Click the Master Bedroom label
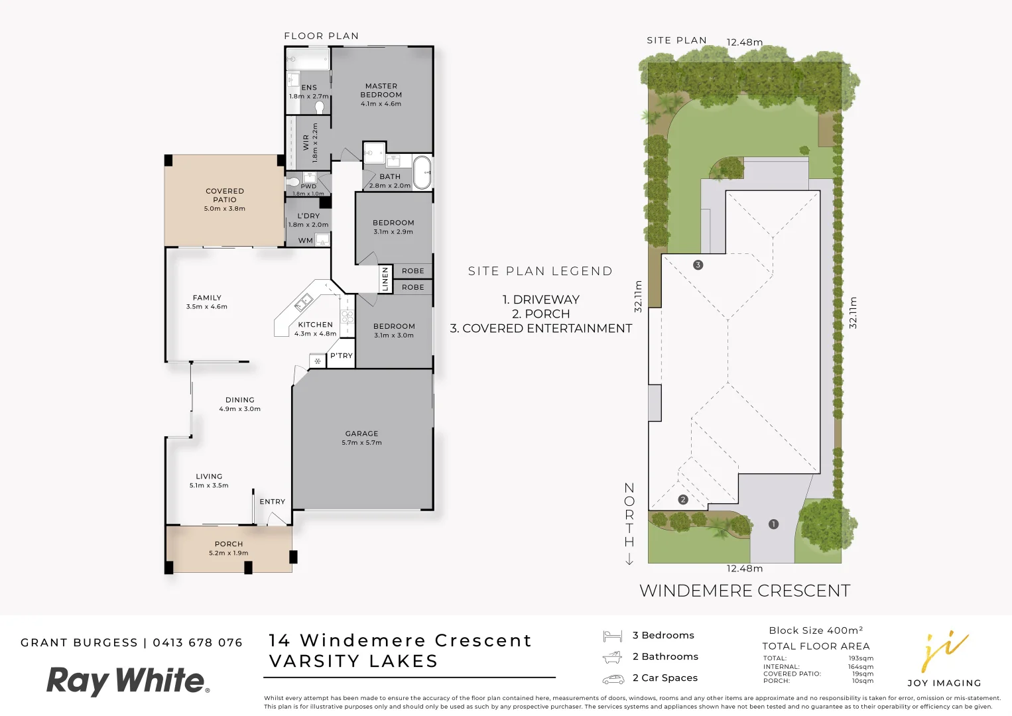click(x=381, y=90)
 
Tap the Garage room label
click(x=361, y=434)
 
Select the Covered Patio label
click(x=225, y=195)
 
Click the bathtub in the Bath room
click(x=422, y=172)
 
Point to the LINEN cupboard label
click(x=385, y=279)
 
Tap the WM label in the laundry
click(x=305, y=241)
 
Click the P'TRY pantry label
click(x=342, y=356)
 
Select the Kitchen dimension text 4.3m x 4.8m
click(x=315, y=334)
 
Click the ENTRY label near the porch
click(x=272, y=502)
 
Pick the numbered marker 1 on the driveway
click(x=773, y=524)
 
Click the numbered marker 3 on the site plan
click(x=698, y=265)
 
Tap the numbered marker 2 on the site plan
click(x=683, y=500)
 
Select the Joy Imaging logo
click(x=944, y=660)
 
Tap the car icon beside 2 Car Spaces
click(x=613, y=679)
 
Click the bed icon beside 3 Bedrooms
click(x=612, y=636)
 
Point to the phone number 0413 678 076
click(x=198, y=643)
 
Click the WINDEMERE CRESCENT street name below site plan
click(x=744, y=591)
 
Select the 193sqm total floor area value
click(x=860, y=658)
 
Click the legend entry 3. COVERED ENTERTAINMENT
click(x=540, y=328)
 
